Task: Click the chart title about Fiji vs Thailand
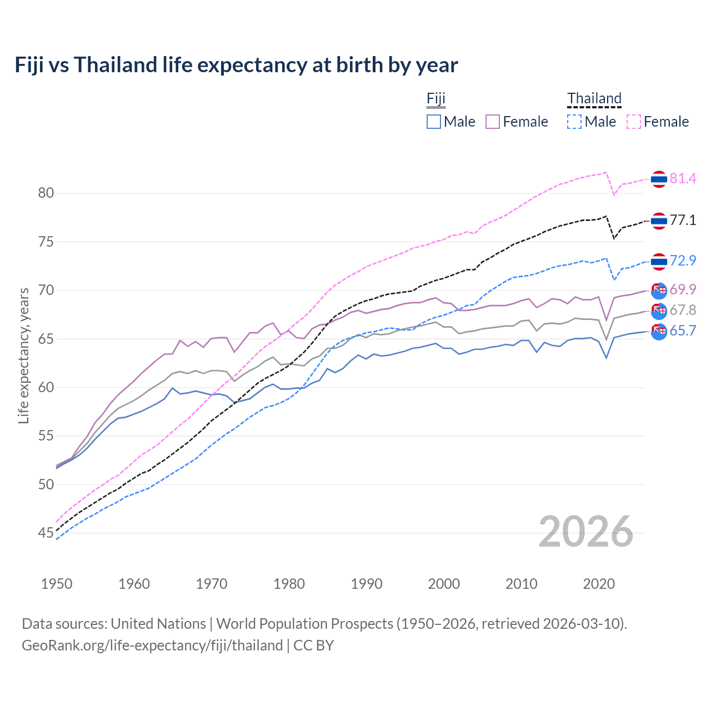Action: click(236, 65)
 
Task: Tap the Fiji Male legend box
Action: click(434, 122)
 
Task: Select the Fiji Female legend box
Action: click(493, 122)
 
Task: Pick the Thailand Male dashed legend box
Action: click(574, 122)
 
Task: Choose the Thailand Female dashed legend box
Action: click(634, 122)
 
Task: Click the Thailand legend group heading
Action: click(594, 99)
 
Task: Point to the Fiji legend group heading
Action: click(436, 99)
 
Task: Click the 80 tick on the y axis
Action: click(46, 193)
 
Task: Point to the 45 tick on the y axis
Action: click(46, 533)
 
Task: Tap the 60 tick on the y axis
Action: click(46, 387)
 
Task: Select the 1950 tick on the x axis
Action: click(57, 584)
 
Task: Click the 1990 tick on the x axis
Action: click(367, 584)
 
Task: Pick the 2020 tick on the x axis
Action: click(599, 584)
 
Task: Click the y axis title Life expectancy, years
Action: click(23, 355)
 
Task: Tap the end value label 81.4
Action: click(683, 178)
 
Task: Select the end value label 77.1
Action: click(683, 220)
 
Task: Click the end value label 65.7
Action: click(683, 331)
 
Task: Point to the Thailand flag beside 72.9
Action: click(659, 261)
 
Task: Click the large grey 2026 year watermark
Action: click(586, 532)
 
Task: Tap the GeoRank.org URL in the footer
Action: click(152, 645)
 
